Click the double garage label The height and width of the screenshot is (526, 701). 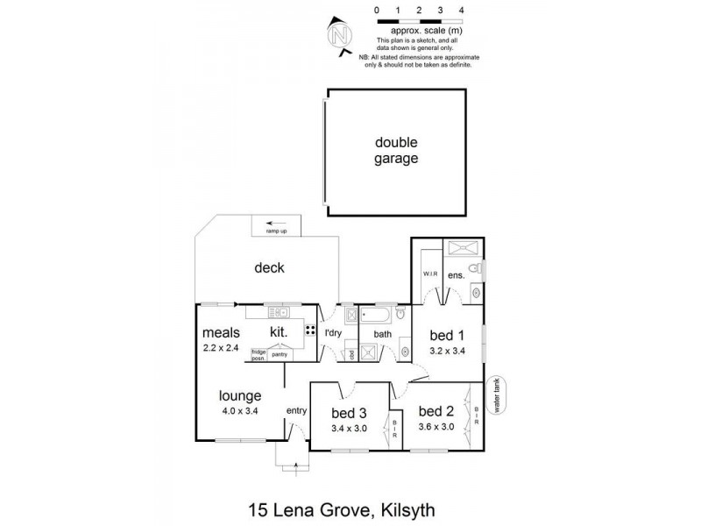(397, 151)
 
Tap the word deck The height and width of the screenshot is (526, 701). (270, 268)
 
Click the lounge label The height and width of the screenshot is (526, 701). (240, 395)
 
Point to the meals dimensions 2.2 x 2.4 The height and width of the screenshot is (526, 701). (220, 348)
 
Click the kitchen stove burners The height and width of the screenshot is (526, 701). (310, 331)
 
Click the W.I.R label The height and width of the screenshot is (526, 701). (430, 273)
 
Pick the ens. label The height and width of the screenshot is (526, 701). (456, 275)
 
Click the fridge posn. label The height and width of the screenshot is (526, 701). (258, 354)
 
